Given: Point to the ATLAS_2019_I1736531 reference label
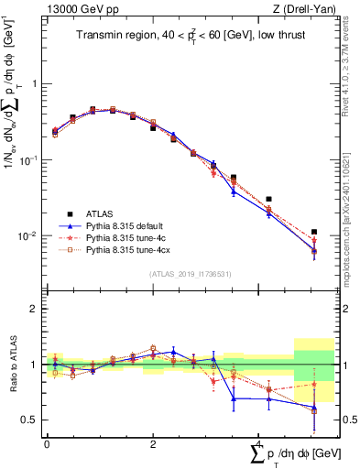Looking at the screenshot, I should [190, 274].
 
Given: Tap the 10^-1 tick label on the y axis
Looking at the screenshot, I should [28, 159].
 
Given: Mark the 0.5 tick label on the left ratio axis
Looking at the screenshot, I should [29, 420].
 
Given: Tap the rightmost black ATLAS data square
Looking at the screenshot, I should [314, 233].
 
